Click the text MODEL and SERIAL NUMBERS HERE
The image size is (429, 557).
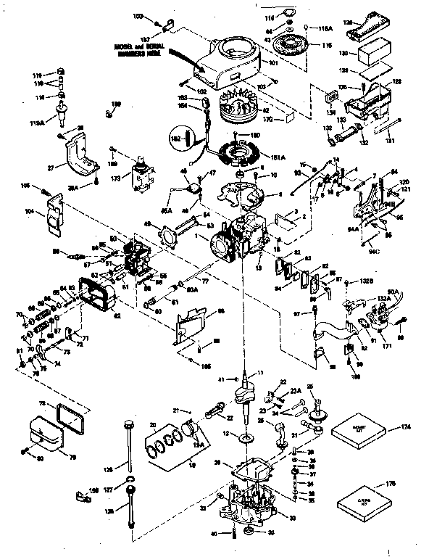click(x=138, y=48)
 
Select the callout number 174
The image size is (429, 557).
click(x=411, y=429)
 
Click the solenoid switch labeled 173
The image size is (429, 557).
click(x=143, y=174)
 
